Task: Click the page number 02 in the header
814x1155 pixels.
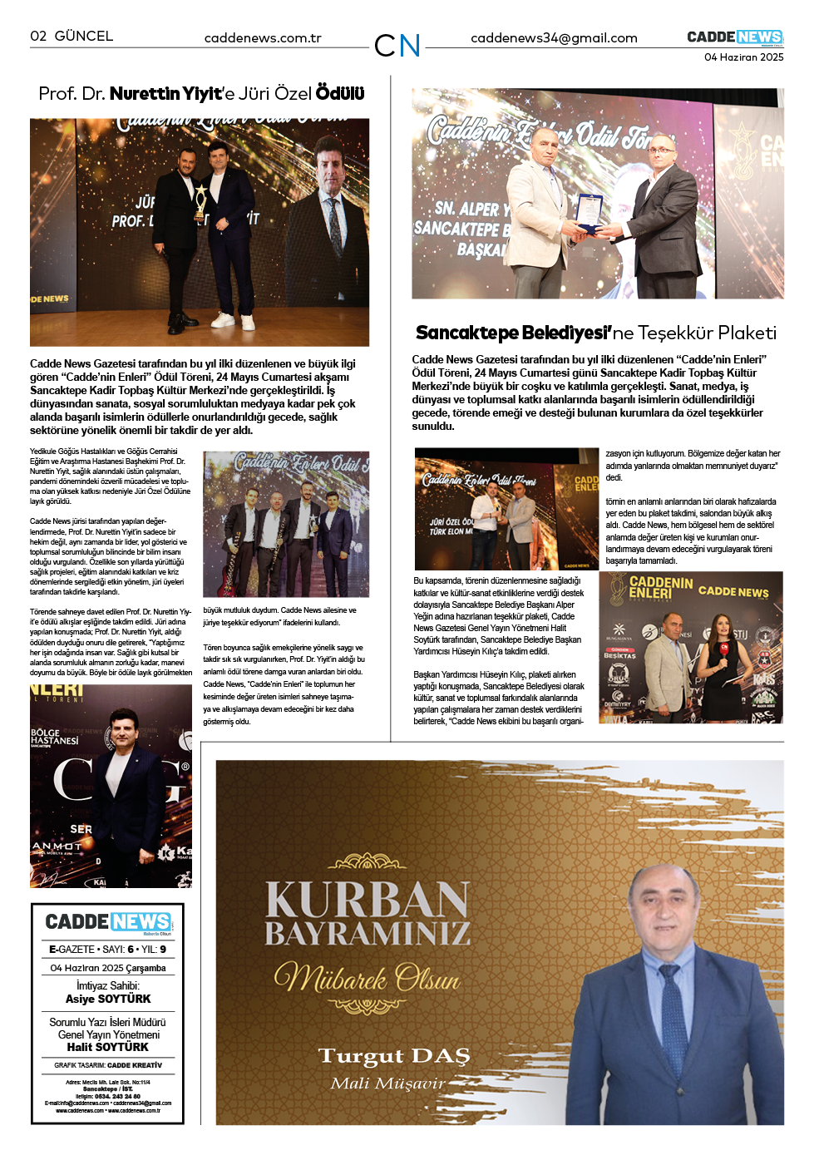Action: click(x=38, y=36)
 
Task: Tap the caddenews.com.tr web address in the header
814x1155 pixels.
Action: click(x=263, y=38)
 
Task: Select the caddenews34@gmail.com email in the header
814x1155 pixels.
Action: click(x=554, y=38)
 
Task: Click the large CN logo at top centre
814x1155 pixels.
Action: click(x=397, y=45)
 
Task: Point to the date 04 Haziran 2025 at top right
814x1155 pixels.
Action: click(x=743, y=57)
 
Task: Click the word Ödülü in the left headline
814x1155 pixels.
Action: click(x=340, y=94)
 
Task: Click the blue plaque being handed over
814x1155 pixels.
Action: click(x=589, y=212)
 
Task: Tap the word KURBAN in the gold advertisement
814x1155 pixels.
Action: click(x=367, y=900)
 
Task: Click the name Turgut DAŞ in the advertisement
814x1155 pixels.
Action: click(x=394, y=1056)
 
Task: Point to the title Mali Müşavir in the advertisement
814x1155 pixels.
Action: click(x=388, y=1083)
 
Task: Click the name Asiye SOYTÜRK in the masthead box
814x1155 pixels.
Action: click(x=108, y=999)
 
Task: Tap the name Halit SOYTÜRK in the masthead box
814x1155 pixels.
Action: click(x=108, y=1047)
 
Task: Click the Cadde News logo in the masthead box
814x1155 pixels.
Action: click(x=108, y=921)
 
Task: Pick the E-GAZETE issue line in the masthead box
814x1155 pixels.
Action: click(x=108, y=949)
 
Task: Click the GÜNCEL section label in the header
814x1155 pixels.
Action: click(x=83, y=36)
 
